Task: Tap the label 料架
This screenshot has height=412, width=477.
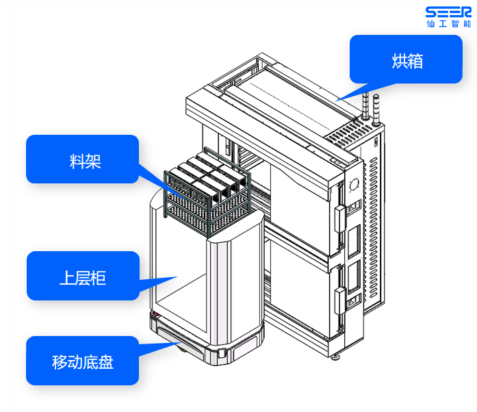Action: click(82, 159)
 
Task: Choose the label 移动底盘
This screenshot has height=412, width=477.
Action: click(82, 361)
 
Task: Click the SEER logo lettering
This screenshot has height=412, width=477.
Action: click(448, 12)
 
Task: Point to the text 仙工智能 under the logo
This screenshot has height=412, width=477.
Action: click(448, 23)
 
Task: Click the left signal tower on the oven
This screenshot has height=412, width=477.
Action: click(365, 107)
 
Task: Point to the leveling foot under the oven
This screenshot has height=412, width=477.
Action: click(337, 355)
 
